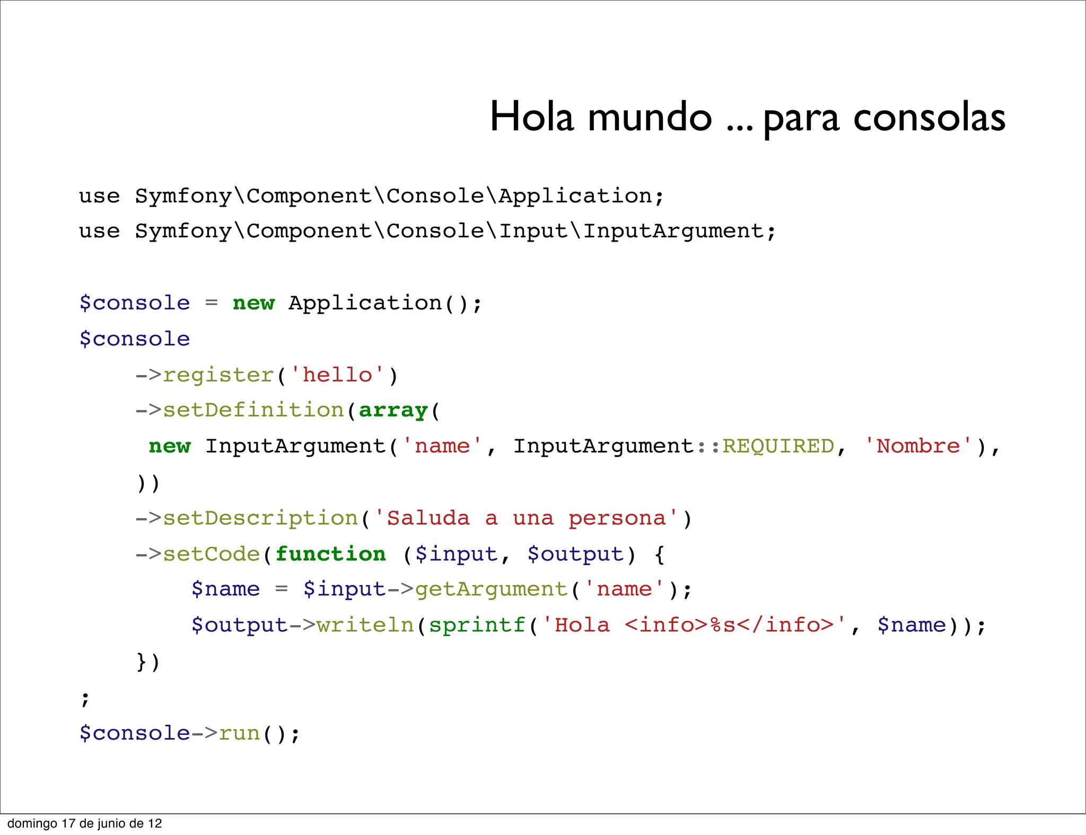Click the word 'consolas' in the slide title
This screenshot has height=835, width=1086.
929,118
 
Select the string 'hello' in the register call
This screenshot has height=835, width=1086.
337,375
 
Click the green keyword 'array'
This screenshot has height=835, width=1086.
393,411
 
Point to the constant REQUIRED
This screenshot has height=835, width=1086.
778,446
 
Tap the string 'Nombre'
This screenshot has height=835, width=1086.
918,446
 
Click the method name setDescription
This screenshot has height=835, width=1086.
260,518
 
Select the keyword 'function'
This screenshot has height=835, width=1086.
330,554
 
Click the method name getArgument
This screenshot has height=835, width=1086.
491,589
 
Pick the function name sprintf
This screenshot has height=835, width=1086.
477,625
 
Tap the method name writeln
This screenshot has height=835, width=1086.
365,625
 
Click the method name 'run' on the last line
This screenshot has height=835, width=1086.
239,733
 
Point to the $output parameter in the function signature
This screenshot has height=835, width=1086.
575,554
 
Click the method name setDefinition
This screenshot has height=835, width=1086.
253,411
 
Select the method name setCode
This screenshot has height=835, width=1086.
211,554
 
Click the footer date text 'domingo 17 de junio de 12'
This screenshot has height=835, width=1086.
84,823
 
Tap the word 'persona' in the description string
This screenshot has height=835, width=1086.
617,518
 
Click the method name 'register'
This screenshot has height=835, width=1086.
218,375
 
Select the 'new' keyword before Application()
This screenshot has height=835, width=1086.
253,303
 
